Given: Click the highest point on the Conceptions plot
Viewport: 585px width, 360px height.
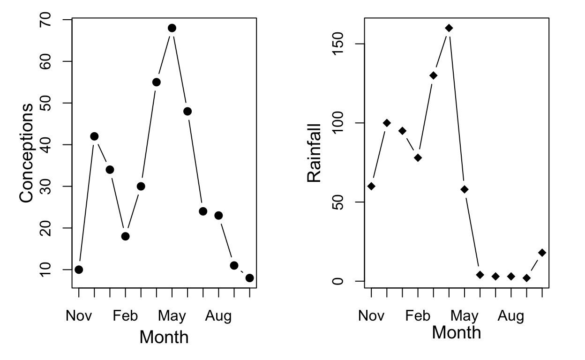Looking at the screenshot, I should (x=172, y=28).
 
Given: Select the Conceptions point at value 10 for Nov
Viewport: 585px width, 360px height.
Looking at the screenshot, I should (x=79, y=270).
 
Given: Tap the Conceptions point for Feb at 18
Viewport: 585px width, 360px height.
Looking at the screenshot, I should (x=125, y=236).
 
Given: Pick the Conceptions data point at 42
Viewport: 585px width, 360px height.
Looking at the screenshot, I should (x=94, y=136).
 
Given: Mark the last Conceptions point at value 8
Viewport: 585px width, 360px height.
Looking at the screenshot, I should (x=249, y=278).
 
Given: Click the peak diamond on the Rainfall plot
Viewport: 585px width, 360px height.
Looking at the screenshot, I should (x=449, y=28).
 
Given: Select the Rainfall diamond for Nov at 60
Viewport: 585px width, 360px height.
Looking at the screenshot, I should (x=371, y=186).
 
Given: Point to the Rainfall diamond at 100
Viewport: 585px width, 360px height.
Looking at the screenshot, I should (x=387, y=123).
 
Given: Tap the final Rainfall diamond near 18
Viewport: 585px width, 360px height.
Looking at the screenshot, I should (x=542, y=253).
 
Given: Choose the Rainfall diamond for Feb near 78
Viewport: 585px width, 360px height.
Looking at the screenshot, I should (x=418, y=157).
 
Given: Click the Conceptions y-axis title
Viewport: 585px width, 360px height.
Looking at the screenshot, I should (x=27, y=153).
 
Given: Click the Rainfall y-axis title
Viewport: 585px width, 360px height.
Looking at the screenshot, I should (x=314, y=153).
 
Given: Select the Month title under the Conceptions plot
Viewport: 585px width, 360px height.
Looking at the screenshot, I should (x=164, y=337).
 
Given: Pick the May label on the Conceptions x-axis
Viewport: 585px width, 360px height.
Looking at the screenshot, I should (x=172, y=316).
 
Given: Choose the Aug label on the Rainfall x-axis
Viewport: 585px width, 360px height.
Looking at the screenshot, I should (x=510, y=316).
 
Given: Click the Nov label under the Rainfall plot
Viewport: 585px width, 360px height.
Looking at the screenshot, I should (x=371, y=316).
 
